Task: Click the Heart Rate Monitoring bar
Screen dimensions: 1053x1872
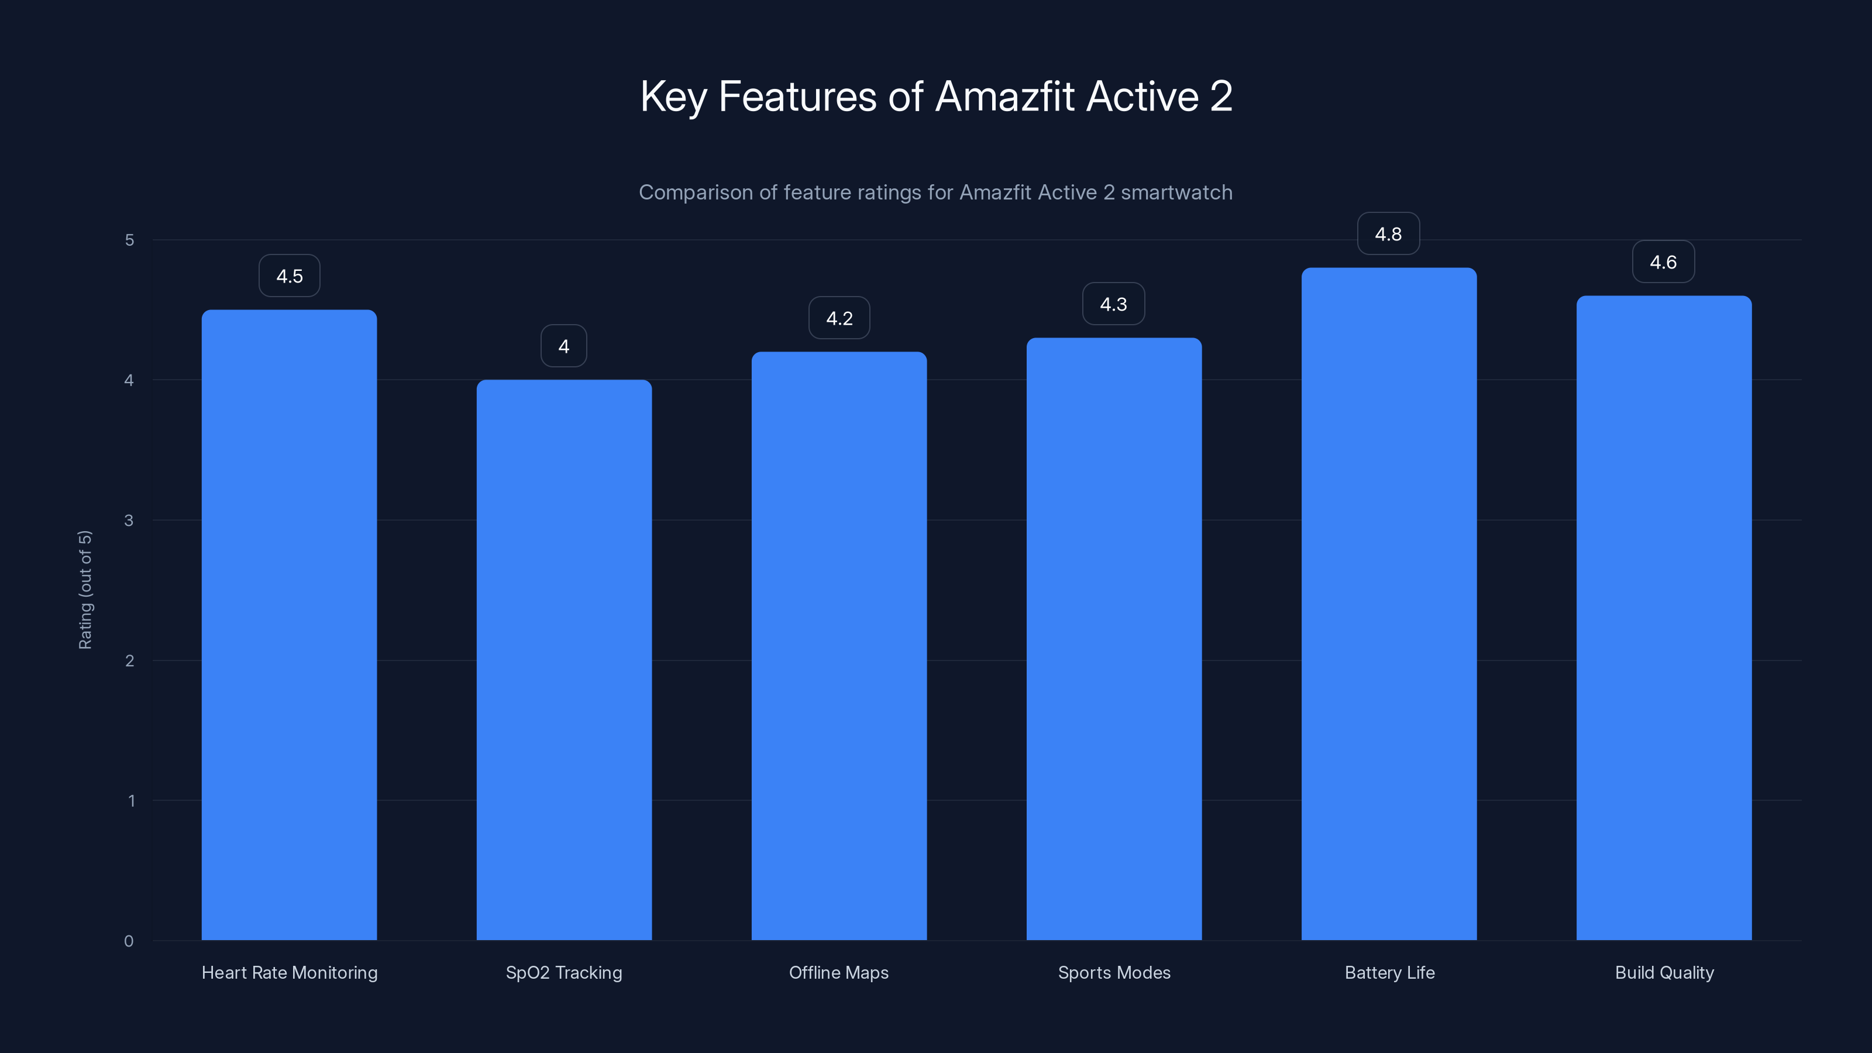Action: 289,625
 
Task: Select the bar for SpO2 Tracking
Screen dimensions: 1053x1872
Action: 564,660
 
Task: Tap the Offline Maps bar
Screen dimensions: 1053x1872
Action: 839,646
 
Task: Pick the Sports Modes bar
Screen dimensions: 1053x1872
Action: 1114,639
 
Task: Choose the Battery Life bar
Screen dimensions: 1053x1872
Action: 1389,604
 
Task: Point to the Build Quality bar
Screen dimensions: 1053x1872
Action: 1663,618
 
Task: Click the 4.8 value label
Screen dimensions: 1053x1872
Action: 1388,234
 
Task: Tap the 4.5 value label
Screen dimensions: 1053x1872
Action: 289,276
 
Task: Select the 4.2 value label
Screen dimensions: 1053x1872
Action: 839,318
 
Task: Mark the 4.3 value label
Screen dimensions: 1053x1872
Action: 1113,304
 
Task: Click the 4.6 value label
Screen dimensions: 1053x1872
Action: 1663,262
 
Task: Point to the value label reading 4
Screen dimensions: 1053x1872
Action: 564,347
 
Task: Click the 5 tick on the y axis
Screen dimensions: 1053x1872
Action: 129,240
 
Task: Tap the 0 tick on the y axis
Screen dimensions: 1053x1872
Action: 129,941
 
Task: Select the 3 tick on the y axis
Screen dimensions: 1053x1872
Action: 129,520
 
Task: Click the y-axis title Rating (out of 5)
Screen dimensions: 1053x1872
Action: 85,589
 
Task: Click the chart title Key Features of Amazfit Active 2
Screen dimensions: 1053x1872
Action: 936,97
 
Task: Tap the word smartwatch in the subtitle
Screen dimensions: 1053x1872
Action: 1176,192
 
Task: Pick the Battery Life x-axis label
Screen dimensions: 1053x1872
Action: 1389,972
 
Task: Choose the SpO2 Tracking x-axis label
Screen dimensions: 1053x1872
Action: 564,972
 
